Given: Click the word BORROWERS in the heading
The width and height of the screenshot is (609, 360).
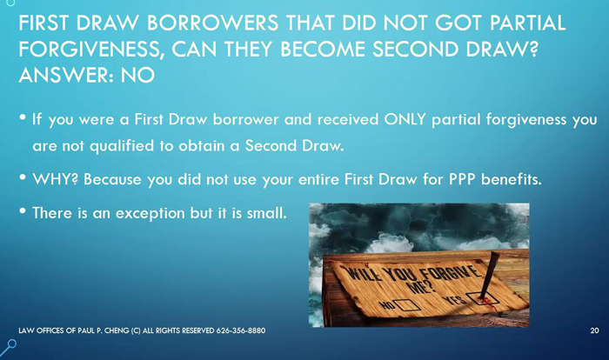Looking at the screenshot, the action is pos(212,23).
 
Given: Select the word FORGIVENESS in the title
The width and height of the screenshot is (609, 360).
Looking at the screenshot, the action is pos(89,50).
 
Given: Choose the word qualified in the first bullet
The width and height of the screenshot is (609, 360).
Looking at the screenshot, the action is pos(122,146).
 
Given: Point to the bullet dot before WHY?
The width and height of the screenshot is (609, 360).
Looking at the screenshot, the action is pos(23,177).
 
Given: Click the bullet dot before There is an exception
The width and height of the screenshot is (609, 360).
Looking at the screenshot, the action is pos(23,211).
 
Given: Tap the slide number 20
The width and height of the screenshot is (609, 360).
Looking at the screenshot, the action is pos(594,331).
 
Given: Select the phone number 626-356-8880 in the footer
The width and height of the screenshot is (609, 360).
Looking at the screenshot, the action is pos(241,331).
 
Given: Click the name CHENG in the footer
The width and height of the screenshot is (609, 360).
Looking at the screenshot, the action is pos(117,331).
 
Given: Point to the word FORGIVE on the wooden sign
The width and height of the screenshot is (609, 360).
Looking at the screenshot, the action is pos(451,273).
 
